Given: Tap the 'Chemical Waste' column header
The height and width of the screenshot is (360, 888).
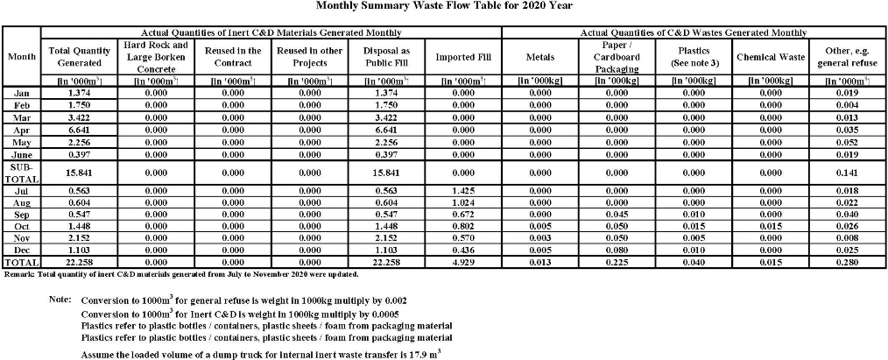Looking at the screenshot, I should (x=771, y=57).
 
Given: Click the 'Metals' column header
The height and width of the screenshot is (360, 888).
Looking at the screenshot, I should (x=539, y=57).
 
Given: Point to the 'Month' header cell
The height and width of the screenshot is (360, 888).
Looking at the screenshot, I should (x=21, y=57).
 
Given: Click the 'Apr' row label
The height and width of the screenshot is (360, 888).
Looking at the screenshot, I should (x=21, y=129).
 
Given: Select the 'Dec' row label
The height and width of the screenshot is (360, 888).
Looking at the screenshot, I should (x=21, y=250).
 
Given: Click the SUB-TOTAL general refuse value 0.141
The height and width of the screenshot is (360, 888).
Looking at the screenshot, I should (x=847, y=173).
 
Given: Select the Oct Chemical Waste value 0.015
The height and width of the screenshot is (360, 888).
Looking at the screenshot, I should (x=771, y=225).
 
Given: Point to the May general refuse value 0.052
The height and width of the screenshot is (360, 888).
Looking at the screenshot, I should (x=847, y=141).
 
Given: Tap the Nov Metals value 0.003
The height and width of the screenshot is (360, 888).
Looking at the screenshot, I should (x=539, y=237).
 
